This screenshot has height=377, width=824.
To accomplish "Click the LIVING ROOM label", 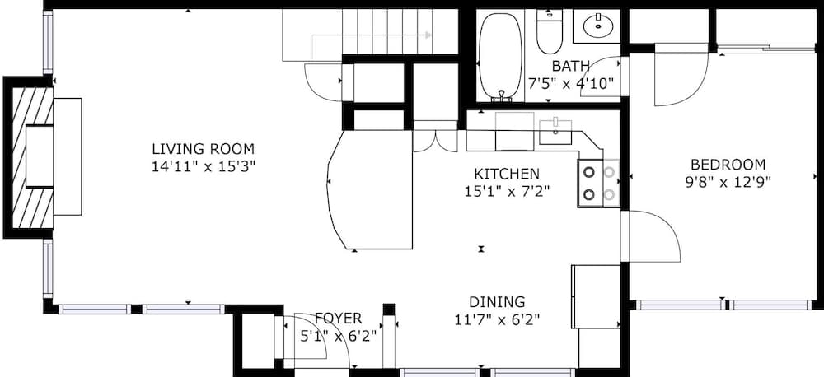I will point(203,149).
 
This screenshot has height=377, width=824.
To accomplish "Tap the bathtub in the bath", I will point(500,56).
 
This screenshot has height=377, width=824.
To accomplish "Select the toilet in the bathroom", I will point(549,31).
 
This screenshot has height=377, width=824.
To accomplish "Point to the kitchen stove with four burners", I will point(598,183).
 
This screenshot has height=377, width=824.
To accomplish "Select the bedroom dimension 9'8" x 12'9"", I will point(728,182).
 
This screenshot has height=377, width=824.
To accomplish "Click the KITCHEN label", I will point(507,174).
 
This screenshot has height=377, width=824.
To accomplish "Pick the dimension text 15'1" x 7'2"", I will point(507,191).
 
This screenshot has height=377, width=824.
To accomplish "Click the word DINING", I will point(497,301).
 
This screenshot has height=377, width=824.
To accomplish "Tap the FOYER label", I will point(338,318).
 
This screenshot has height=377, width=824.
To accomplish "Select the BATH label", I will point(571,66).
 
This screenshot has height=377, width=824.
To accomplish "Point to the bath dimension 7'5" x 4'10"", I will point(571,83).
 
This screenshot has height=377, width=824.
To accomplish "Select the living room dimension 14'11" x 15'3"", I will point(203,166).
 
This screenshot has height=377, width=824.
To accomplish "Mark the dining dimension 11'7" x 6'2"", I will point(497,319).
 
